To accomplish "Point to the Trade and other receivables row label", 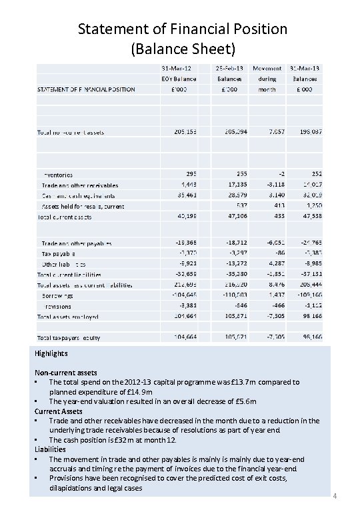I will click(80, 185).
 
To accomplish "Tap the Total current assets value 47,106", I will click(236, 217).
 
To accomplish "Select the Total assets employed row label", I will click(67, 315).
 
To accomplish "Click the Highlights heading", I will click(51, 354).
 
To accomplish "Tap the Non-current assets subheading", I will click(66, 373).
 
